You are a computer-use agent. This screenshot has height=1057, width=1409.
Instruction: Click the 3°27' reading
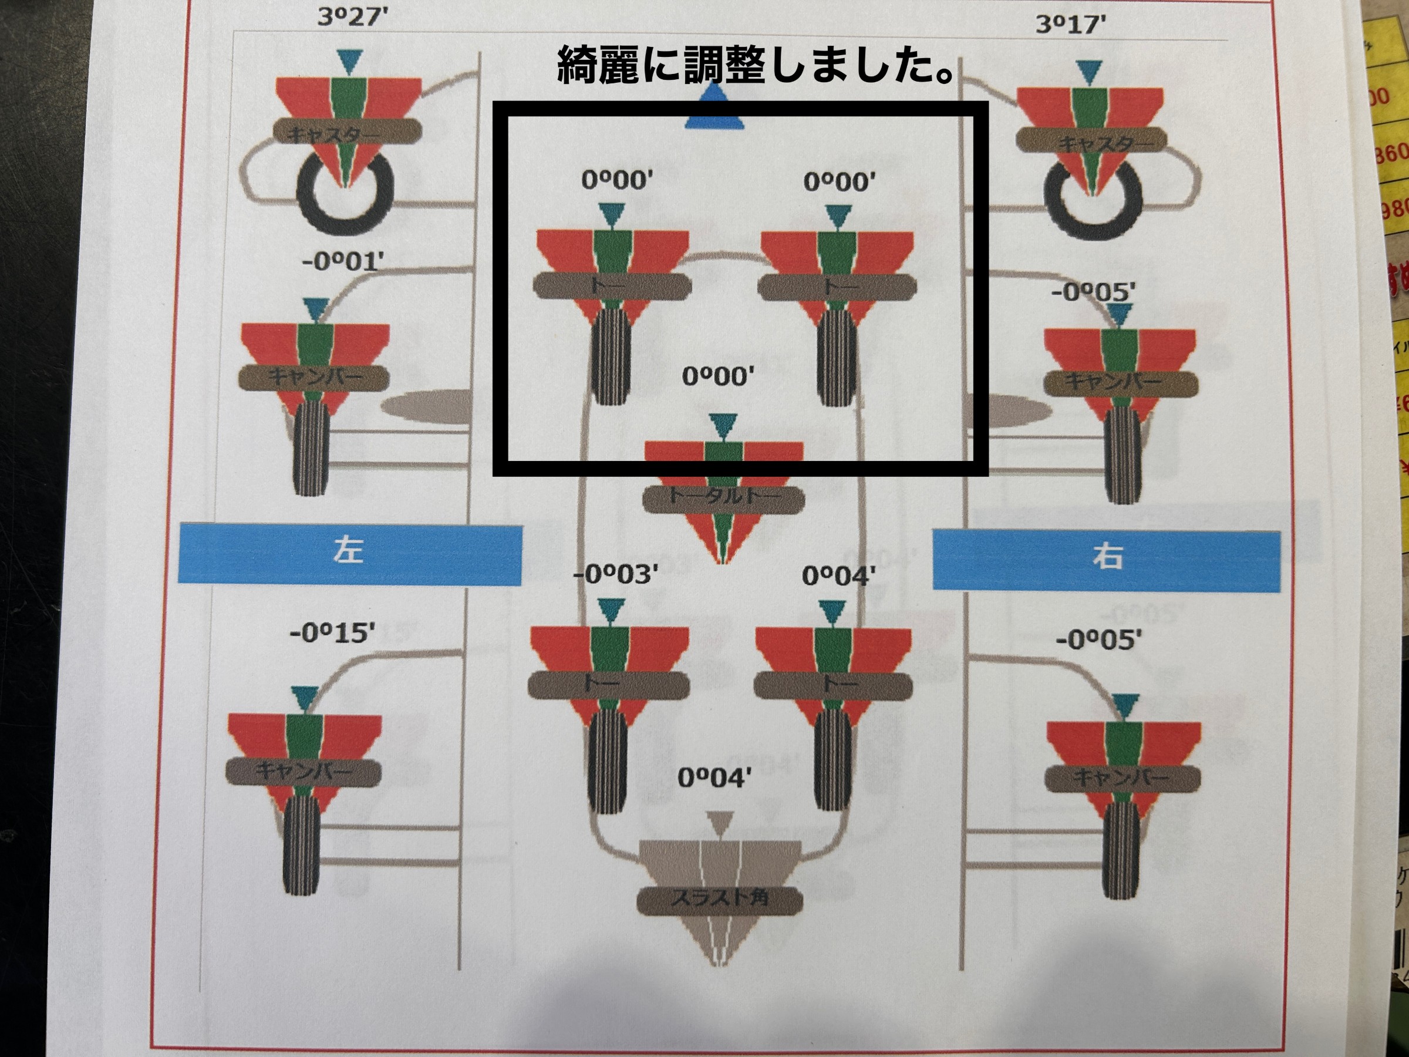pos(352,17)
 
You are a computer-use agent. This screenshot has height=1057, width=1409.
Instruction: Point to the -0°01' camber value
pos(343,262)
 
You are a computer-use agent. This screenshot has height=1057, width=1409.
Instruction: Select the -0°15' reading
pos(332,633)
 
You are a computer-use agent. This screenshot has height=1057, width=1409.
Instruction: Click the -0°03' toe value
pos(615,575)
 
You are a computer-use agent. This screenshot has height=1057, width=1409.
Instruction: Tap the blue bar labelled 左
pos(350,553)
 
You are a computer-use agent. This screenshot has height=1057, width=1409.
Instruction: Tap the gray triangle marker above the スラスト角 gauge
pos(720,823)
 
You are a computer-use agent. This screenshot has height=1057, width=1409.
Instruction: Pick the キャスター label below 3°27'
pos(348,134)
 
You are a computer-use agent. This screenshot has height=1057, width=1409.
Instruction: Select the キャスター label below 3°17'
pos(1091,142)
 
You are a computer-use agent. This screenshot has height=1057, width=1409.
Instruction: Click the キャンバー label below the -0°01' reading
pos(314,377)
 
